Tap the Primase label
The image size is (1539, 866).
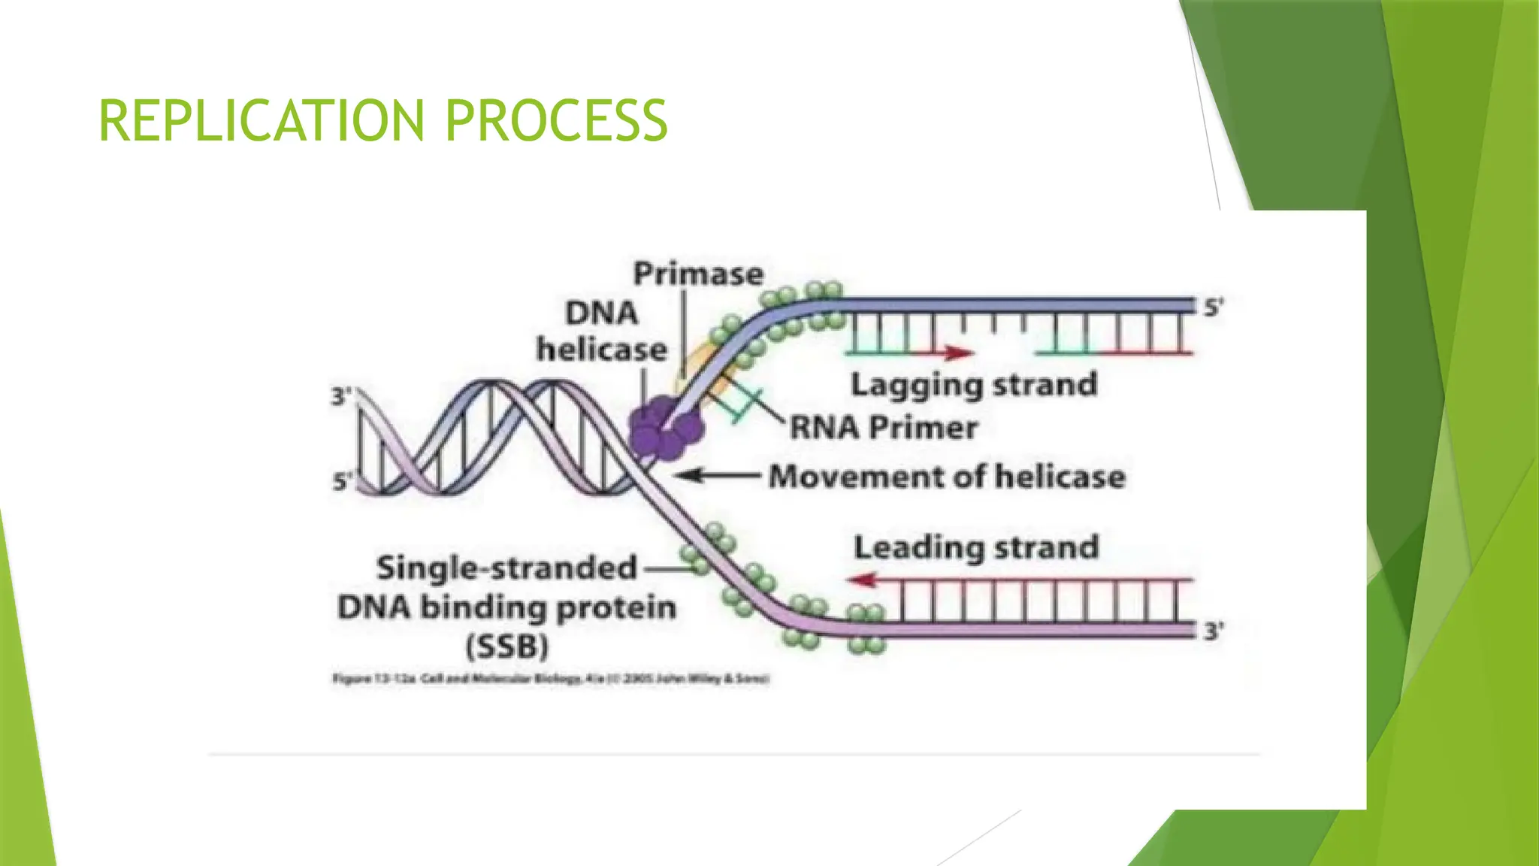pos(698,274)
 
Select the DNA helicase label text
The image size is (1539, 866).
pos(601,331)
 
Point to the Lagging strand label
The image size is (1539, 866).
pos(974,385)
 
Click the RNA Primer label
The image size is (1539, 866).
pos(884,428)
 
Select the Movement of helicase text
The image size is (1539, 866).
pos(947,477)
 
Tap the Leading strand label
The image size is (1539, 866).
pos(976,547)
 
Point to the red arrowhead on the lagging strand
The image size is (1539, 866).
pos(959,352)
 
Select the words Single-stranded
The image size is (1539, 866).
pos(506,568)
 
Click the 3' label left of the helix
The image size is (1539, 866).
pos(340,395)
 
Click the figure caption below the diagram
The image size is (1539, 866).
pos(551,679)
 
